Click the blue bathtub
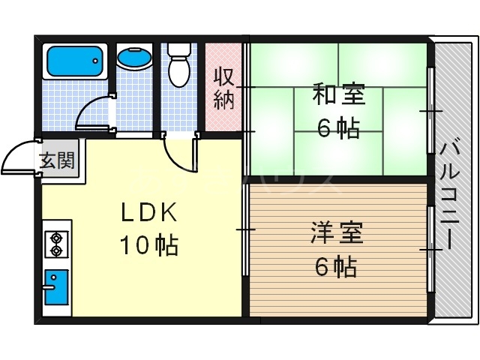[x=74, y=61]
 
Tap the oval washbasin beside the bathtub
[x=134, y=58]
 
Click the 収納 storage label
[x=224, y=88]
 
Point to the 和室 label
[x=338, y=96]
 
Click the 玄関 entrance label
[x=57, y=160]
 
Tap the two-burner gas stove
[x=55, y=243]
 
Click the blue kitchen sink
[x=55, y=286]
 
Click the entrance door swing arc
[x=18, y=155]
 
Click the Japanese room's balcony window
[x=430, y=110]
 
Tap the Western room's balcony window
[x=430, y=248]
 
